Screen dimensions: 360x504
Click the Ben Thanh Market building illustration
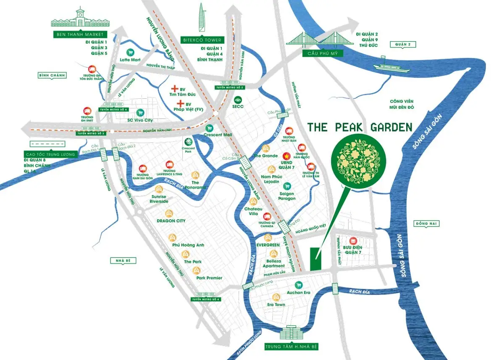click(x=79, y=18)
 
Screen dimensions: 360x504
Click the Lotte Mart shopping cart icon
click(x=130, y=53)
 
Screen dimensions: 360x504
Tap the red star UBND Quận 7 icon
click(x=287, y=155)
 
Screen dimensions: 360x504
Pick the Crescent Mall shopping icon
click(x=209, y=128)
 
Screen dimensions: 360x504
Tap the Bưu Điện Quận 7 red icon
click(x=353, y=241)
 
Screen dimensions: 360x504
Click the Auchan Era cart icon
click(x=299, y=284)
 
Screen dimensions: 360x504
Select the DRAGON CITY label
click(x=171, y=221)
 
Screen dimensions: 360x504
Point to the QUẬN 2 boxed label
click(x=403, y=44)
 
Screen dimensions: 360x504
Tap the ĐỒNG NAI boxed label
click(x=426, y=224)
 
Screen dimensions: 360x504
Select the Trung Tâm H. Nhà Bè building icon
click(x=290, y=334)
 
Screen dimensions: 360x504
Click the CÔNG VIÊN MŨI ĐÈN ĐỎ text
click(x=402, y=104)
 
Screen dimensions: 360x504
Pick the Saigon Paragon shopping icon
click(x=287, y=185)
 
